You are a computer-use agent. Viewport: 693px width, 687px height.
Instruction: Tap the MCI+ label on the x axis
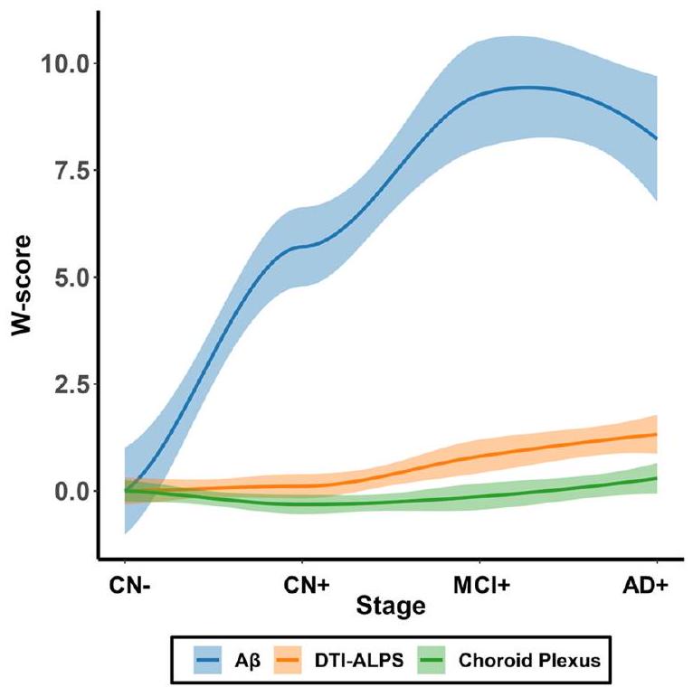point(479,585)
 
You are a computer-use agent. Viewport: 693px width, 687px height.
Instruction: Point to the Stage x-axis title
point(390,605)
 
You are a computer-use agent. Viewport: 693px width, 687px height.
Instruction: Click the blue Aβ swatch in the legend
point(213,663)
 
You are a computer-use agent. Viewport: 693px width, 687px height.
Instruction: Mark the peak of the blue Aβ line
point(526,87)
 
